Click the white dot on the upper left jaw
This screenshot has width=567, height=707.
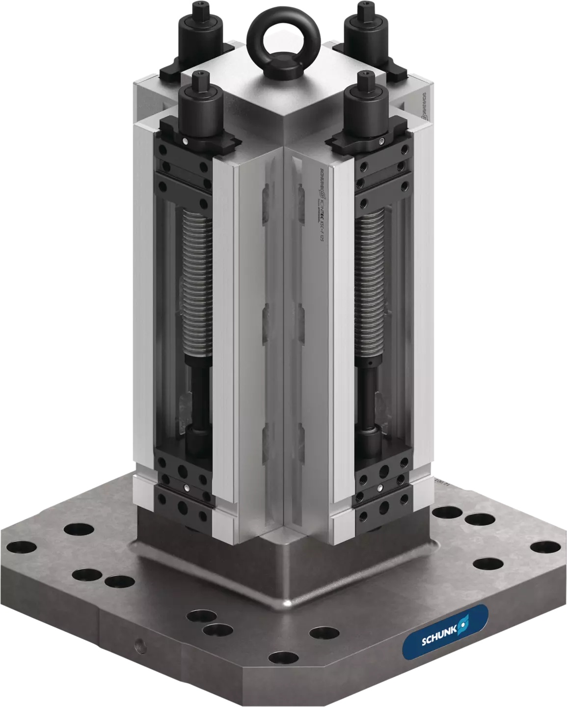tap(185, 142)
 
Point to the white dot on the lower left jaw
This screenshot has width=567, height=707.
tap(188, 488)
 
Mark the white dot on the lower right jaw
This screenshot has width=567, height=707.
tap(381, 488)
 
